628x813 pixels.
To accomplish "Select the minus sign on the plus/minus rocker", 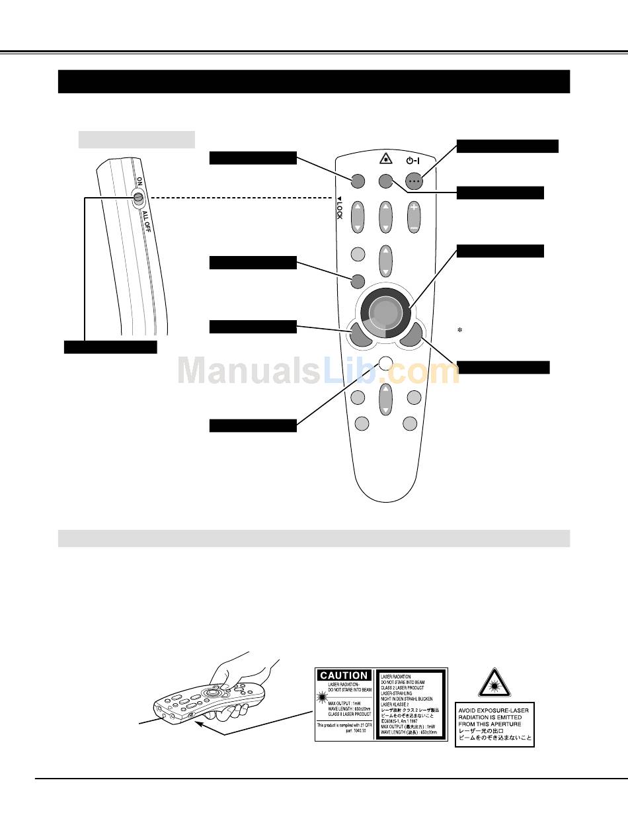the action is tap(413, 227).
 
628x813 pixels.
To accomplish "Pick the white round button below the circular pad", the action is tap(386, 363).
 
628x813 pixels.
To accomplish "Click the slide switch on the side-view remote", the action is tap(139, 197).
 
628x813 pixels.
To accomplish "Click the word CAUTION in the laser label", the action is tap(344, 675).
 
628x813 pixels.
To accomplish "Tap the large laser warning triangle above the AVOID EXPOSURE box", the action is tap(494, 684).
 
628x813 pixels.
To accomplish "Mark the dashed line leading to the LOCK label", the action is tap(238, 197).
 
